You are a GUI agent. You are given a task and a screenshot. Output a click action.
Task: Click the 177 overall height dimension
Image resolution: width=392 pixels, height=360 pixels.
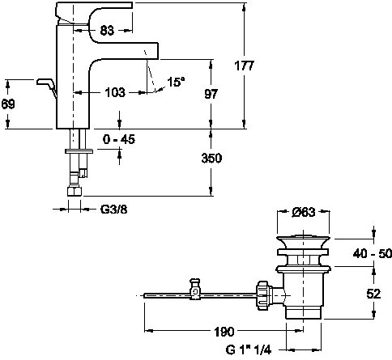[x=245, y=66]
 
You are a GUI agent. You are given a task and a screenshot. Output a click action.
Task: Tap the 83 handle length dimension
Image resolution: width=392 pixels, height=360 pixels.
[x=107, y=31]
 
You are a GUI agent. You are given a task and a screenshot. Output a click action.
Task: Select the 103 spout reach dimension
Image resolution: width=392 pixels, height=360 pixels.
[x=115, y=92]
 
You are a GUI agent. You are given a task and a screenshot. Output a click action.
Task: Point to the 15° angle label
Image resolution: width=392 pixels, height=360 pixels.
[x=176, y=82]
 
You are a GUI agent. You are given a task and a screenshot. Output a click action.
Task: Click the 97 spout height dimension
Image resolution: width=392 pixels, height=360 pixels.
[x=211, y=94]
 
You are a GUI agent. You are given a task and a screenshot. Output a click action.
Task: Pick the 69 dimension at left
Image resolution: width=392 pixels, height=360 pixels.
[x=8, y=104]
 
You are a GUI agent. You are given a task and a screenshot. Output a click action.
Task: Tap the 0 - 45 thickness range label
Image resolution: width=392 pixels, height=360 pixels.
[x=119, y=139]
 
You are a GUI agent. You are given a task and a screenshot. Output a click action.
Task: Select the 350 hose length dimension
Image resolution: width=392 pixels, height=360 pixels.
[x=211, y=158]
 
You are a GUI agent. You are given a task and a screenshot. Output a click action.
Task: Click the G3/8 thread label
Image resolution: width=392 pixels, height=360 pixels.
[x=113, y=210]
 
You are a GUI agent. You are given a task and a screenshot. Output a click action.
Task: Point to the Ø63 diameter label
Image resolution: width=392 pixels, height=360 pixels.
[x=304, y=212]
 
